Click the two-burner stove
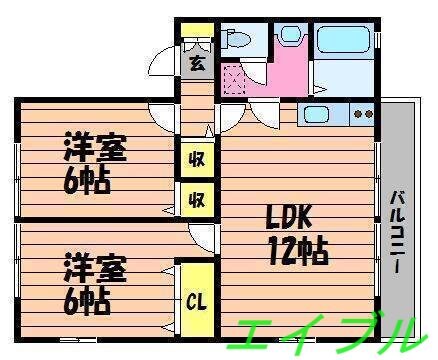point(361,114)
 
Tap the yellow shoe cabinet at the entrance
point(196,43)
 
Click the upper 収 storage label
point(196,158)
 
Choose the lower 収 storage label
point(196,197)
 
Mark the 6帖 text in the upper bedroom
point(86,181)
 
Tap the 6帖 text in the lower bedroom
point(86,301)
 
